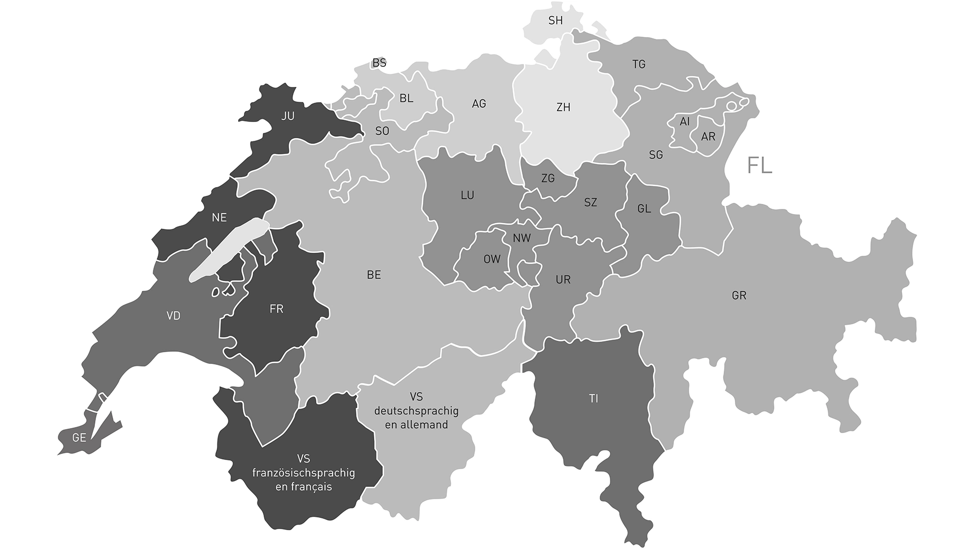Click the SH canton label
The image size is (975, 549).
pyautogui.click(x=556, y=21)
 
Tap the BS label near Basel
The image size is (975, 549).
pyautogui.click(x=379, y=63)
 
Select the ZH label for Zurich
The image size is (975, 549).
pyautogui.click(x=563, y=107)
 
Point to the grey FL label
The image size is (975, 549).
pyautogui.click(x=760, y=166)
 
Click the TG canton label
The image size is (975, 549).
pyautogui.click(x=639, y=64)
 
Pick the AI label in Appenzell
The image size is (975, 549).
pyautogui.click(x=685, y=122)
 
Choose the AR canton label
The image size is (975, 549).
pyautogui.click(x=708, y=137)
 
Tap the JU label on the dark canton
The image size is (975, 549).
pyautogui.click(x=288, y=116)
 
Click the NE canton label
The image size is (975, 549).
pyautogui.click(x=219, y=218)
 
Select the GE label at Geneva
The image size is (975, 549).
pyautogui.click(x=79, y=438)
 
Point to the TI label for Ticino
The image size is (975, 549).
pyautogui.click(x=594, y=399)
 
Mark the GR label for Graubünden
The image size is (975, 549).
pyautogui.click(x=739, y=295)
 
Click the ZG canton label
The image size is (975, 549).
pyautogui.click(x=548, y=178)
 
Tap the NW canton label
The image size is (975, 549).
pyautogui.click(x=522, y=238)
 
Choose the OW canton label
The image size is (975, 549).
pyautogui.click(x=492, y=259)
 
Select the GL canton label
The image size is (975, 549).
pyautogui.click(x=644, y=209)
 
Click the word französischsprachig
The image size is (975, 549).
pyautogui.click(x=304, y=473)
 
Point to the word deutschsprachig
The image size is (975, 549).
pyautogui.click(x=416, y=411)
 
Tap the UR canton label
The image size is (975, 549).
pyautogui.click(x=563, y=280)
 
